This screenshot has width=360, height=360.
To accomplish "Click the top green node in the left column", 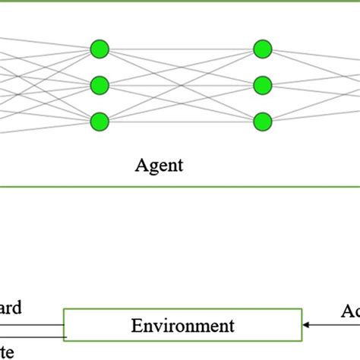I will coord(99,49).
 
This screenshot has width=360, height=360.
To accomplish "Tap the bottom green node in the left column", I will coord(99,121).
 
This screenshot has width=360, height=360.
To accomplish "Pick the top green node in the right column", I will coord(262,49).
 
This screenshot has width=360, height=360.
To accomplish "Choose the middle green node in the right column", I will coord(262,84).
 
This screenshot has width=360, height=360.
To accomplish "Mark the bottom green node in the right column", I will coord(262,121).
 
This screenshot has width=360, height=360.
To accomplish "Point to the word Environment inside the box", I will coord(183,326).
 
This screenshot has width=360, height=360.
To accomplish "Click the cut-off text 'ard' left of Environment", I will coord(11,308).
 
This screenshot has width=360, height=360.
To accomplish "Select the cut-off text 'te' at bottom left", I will coord(6,350).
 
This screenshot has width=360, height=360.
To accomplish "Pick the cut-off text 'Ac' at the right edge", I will coord(349,311).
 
